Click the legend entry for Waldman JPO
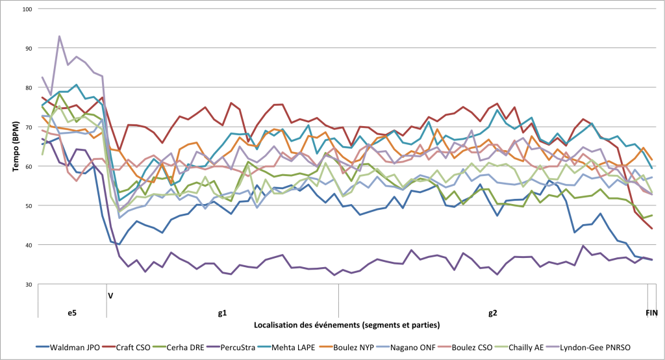(68, 347)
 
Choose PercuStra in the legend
(231, 347)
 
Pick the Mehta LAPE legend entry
(286, 347)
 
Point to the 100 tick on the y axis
(27, 9)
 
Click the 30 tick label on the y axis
(29, 285)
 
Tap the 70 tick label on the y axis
(29, 127)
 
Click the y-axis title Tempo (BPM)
(16, 146)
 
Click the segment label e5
(72, 313)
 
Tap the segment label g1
(223, 313)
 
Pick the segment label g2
(492, 313)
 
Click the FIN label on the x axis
(652, 313)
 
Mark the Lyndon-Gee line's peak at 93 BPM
(59, 36)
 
